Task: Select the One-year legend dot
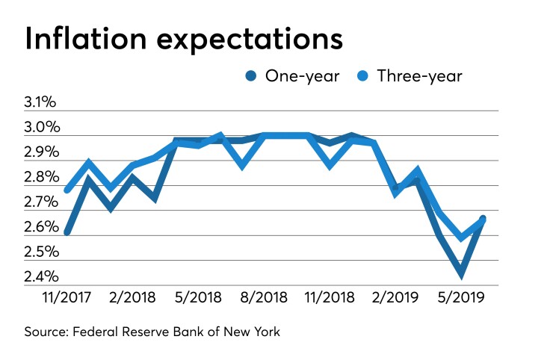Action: coord(250,76)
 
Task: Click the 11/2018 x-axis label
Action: coord(329,297)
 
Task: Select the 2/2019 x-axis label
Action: coord(394,297)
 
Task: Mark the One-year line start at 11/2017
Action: coord(68,232)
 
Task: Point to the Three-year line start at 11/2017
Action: coord(68,190)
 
